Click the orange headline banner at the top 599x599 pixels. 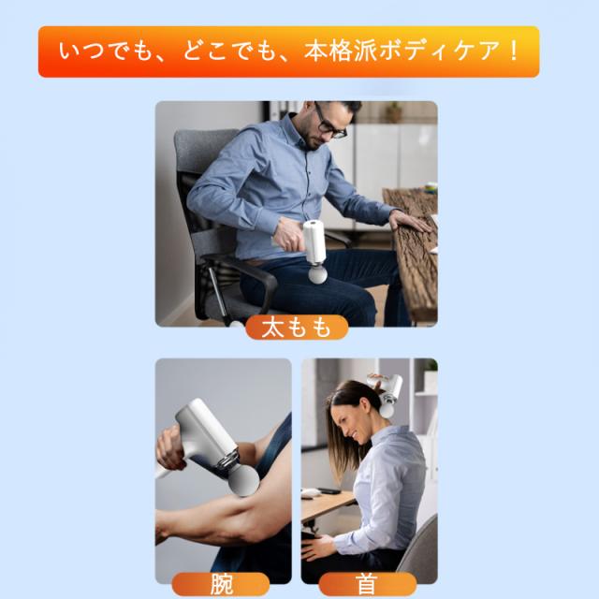pyautogui.click(x=289, y=51)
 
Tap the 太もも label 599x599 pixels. pyautogui.click(x=297, y=328)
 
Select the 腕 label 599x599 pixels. pyautogui.click(x=221, y=584)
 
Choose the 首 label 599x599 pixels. pyautogui.click(x=367, y=584)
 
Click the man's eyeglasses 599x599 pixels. pyautogui.click(x=329, y=124)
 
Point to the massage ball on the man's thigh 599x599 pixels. pyautogui.click(x=318, y=274)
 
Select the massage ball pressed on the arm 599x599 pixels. pyautogui.click(x=243, y=479)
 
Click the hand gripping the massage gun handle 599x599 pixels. pyautogui.click(x=170, y=449)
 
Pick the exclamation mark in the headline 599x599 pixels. pyautogui.click(x=513, y=51)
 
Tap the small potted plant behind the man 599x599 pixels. pyautogui.click(x=393, y=111)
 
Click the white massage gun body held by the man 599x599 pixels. pyautogui.click(x=314, y=241)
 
